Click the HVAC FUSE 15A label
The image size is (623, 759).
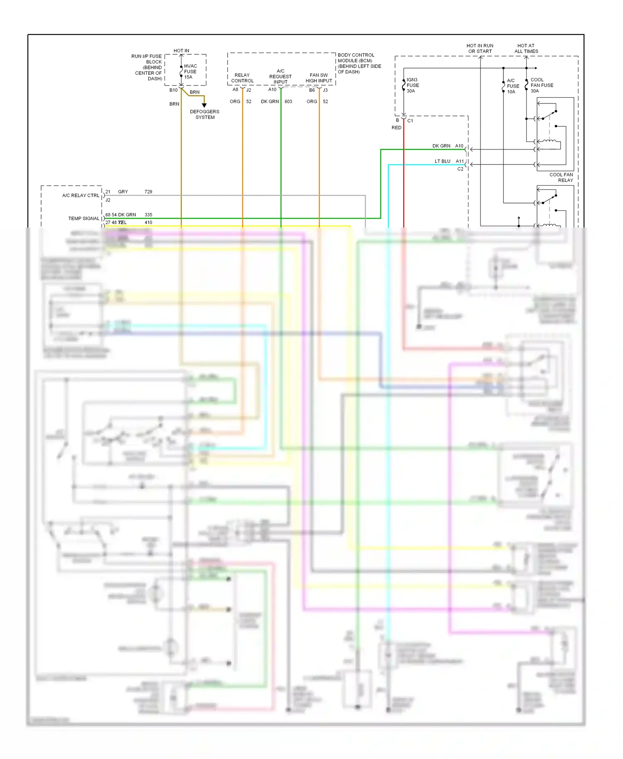pyautogui.click(x=190, y=71)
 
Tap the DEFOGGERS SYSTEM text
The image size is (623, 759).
pyautogui.click(x=205, y=115)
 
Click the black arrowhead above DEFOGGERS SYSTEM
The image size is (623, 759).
pyautogui.click(x=204, y=105)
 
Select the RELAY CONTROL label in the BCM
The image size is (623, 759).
pyautogui.click(x=242, y=78)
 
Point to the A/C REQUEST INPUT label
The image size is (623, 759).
pyautogui.click(x=280, y=76)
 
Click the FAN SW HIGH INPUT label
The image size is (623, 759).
pyautogui.click(x=319, y=78)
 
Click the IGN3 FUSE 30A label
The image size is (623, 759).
pyautogui.click(x=412, y=85)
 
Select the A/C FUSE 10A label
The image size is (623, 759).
pyautogui.click(x=513, y=86)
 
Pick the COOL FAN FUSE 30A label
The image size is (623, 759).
pyautogui.click(x=541, y=85)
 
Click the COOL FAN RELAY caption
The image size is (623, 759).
pyautogui.click(x=561, y=177)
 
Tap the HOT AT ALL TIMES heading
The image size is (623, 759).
pyautogui.click(x=526, y=49)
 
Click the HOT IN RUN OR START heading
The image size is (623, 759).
pyautogui.click(x=480, y=49)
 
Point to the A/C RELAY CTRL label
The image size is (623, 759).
pyautogui.click(x=81, y=196)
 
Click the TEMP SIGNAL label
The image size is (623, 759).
pyautogui.click(x=84, y=218)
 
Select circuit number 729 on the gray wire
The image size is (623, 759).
pyautogui.click(x=148, y=192)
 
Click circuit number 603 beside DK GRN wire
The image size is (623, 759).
pyautogui.click(x=288, y=102)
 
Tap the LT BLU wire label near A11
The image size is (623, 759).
pyautogui.click(x=442, y=161)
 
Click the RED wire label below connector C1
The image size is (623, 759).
pyautogui.click(x=396, y=128)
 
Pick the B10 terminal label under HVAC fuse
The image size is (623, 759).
pyautogui.click(x=173, y=90)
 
